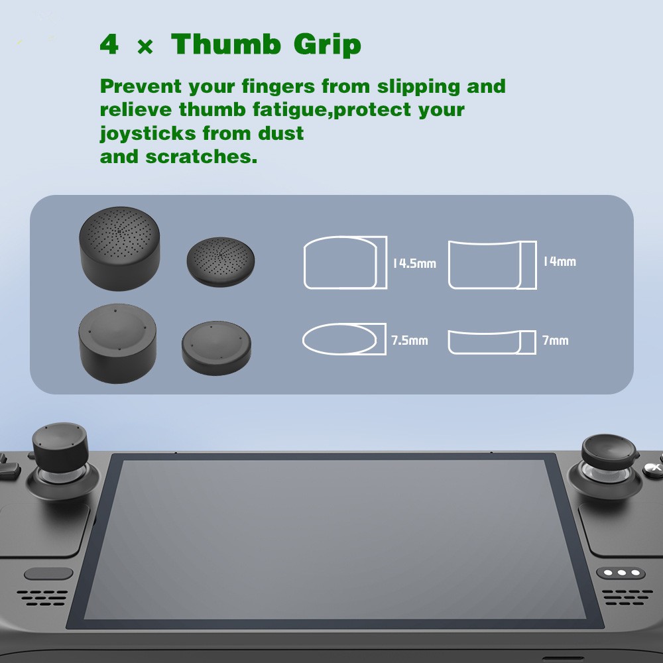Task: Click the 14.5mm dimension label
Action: pyautogui.click(x=414, y=263)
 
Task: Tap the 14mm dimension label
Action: pyautogui.click(x=559, y=261)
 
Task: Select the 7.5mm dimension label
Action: pyautogui.click(x=409, y=341)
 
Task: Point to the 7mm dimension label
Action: pyautogui.click(x=555, y=341)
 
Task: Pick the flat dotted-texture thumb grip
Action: pyautogui.click(x=221, y=263)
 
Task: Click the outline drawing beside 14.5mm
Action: pyautogui.click(x=345, y=263)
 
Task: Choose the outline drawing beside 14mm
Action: pyautogui.click(x=492, y=265)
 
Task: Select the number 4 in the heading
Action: pyautogui.click(x=109, y=46)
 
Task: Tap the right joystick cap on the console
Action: pyautogui.click(x=608, y=451)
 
